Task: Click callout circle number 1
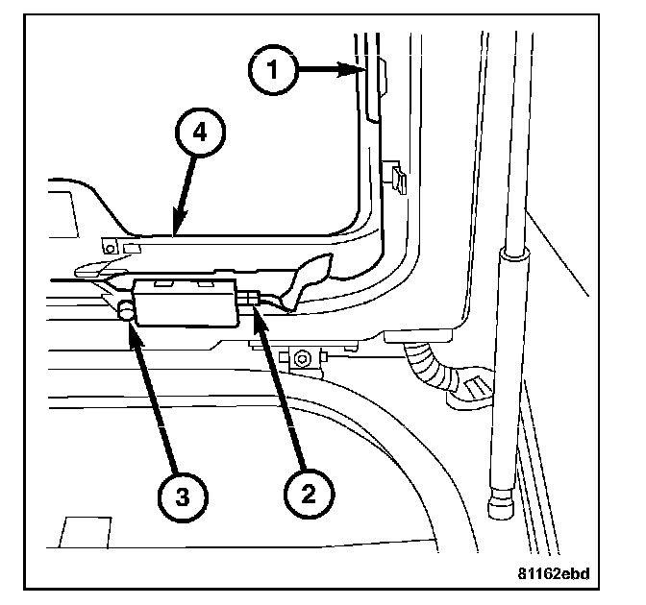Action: [x=274, y=70]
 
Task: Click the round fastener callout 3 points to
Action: [x=126, y=310]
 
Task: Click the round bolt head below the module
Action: [x=302, y=358]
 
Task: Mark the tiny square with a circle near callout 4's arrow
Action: [x=112, y=248]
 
